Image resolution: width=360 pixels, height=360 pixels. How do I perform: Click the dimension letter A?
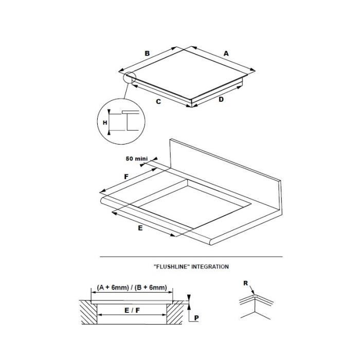coord(226,53)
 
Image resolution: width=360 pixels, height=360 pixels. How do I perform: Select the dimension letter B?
coord(147,53)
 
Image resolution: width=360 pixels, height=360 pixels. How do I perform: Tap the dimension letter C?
coord(158,101)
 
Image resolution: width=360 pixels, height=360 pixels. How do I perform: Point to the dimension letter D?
coord(221,99)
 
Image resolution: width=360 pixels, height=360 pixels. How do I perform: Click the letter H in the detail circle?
coord(105,123)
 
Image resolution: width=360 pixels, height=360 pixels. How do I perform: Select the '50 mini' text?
coord(137,158)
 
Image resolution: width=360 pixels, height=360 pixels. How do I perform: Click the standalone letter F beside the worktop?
coord(127,177)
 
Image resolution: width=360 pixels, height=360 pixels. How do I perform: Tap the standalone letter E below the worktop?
coord(140,228)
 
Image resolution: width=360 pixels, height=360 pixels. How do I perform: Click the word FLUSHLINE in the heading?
coord(172,266)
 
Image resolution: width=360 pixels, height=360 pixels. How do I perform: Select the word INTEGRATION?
coord(210,266)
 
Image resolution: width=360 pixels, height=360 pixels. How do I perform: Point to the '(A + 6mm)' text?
coord(113,287)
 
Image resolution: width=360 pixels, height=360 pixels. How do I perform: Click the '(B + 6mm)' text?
coord(151,287)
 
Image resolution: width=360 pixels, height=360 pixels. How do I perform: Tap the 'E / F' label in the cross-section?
coord(132,311)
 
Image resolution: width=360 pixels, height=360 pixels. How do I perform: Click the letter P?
coord(196,318)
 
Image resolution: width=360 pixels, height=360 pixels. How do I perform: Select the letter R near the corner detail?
coord(246,283)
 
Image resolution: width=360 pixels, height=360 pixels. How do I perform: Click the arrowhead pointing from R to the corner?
coord(253,293)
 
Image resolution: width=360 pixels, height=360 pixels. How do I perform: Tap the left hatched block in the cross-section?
coord(88,312)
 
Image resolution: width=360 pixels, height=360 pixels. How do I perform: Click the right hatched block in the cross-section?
coord(175,312)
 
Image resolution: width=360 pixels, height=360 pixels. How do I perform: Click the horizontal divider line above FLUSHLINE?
coord(191,257)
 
